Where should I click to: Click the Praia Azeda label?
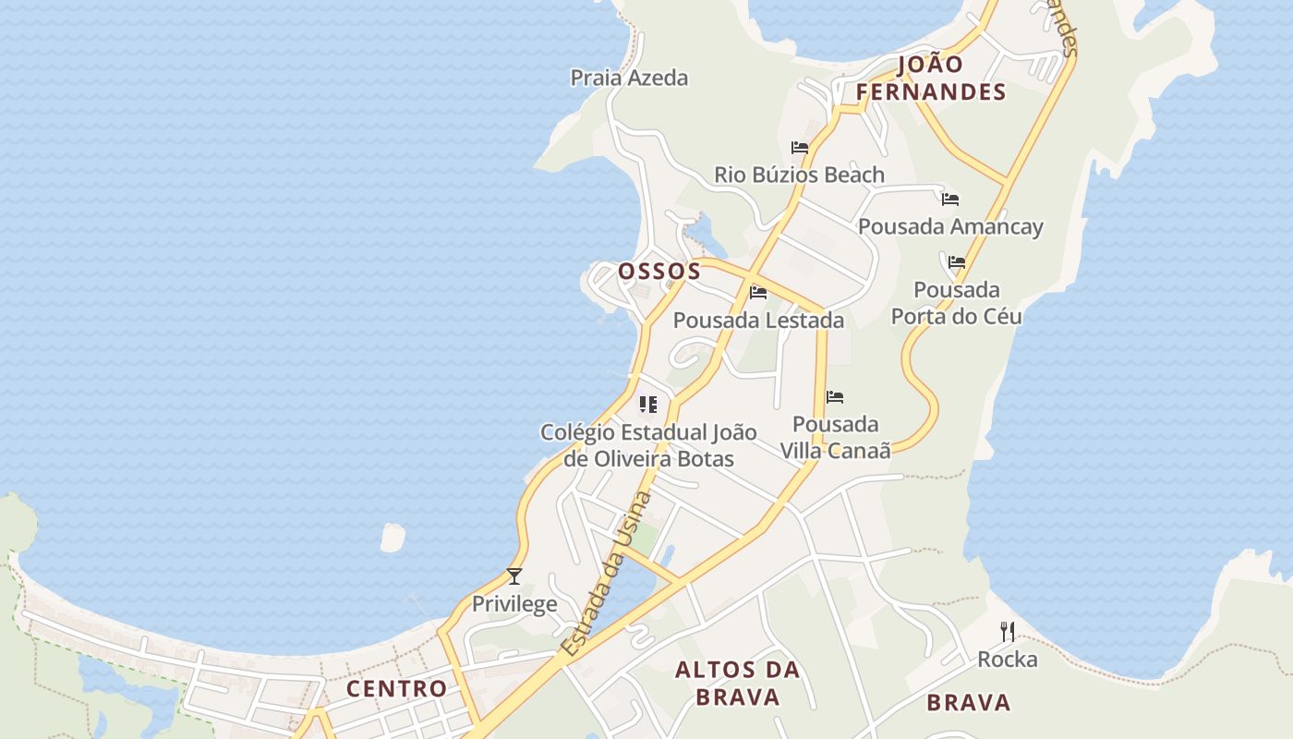(x=629, y=78)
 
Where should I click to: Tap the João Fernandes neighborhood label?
(x=930, y=78)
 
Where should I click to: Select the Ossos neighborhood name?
(x=659, y=271)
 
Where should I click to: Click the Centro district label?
(x=396, y=688)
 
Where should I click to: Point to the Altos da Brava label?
(x=737, y=683)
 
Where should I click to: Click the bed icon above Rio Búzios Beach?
(x=800, y=148)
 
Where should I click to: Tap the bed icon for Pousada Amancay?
(x=950, y=199)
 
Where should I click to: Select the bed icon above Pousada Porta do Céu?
(x=957, y=262)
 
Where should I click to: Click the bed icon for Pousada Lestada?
(x=758, y=293)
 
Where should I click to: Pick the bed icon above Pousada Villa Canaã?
(x=835, y=397)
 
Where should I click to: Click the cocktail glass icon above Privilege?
(x=514, y=576)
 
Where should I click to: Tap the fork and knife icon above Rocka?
(x=1008, y=632)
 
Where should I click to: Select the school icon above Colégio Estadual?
(x=648, y=405)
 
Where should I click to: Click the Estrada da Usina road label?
(x=607, y=575)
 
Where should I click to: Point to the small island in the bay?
(x=393, y=537)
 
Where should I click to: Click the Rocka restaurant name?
(x=1008, y=660)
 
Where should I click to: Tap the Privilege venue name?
(x=514, y=604)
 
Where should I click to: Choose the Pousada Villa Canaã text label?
(x=836, y=437)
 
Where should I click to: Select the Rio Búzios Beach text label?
(x=799, y=175)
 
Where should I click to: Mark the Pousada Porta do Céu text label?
(x=957, y=303)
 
